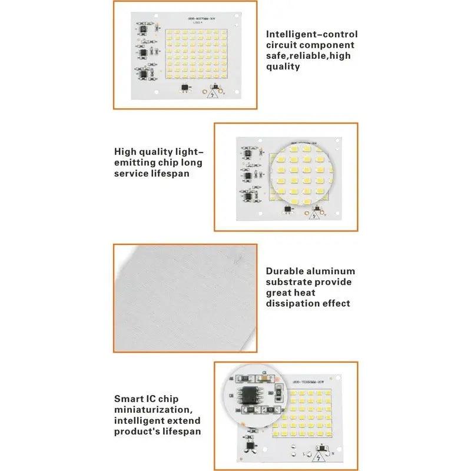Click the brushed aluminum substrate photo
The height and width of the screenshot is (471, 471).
click(x=185, y=298)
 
